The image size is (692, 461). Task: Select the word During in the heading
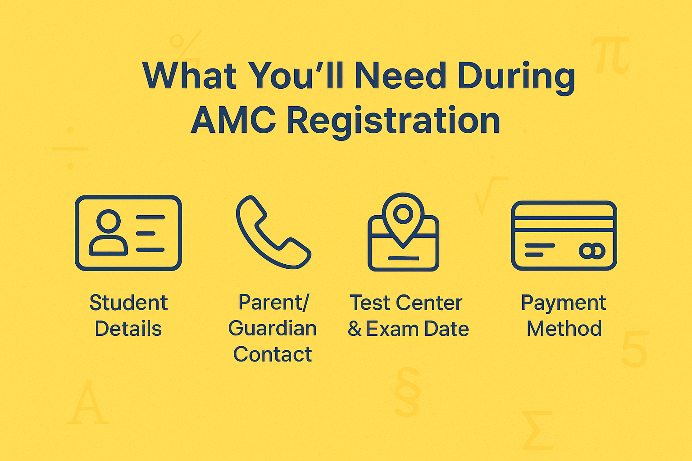(516, 77)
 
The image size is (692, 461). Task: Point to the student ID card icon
(128, 233)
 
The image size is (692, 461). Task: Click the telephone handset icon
(273, 232)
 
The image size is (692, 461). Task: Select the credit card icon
(564, 235)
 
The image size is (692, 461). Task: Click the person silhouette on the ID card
(109, 233)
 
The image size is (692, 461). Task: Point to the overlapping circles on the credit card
(592, 251)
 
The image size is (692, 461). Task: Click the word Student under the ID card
(128, 303)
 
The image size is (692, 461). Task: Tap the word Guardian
(273, 329)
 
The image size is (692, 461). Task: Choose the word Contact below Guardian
(273, 355)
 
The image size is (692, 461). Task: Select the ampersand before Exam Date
(355, 329)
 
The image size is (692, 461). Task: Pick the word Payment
(564, 303)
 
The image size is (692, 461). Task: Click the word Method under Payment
(564, 329)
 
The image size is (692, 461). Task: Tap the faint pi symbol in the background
(610, 55)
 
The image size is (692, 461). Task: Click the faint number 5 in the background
(634, 348)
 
